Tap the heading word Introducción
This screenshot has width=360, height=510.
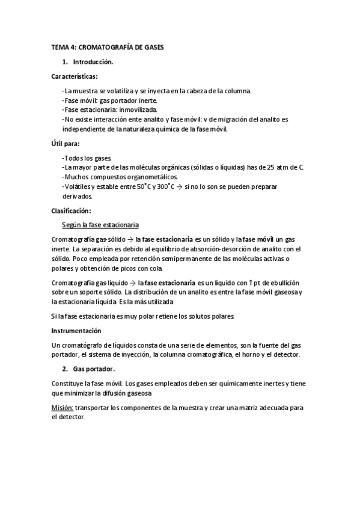tap(93, 62)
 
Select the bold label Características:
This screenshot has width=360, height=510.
tap(75, 77)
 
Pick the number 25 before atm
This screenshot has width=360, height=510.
tap(271, 167)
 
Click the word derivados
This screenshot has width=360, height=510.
tap(78, 196)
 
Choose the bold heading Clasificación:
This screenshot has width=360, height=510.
tap(71, 210)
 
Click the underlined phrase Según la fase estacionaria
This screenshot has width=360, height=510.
tap(100, 225)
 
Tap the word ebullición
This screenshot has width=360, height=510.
tap(284, 283)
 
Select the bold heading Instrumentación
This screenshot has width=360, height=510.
tap(76, 331)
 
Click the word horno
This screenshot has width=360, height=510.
tap(251, 355)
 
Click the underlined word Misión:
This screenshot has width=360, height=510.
tap(63, 408)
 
